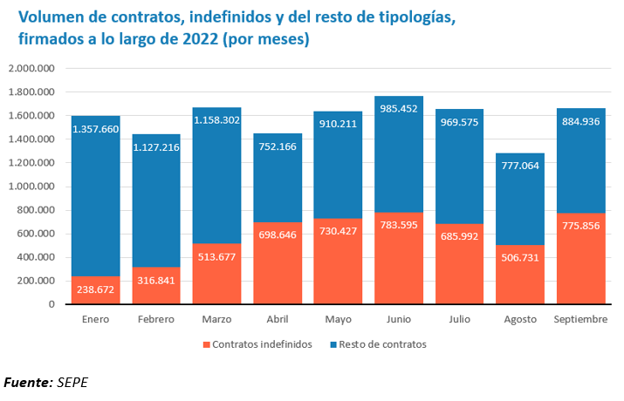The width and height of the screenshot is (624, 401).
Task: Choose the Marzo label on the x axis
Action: [x=216, y=320]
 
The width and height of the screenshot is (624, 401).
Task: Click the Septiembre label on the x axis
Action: [x=580, y=320]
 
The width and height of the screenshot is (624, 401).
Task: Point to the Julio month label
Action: [x=459, y=320]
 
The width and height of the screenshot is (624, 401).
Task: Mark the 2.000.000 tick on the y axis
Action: [x=31, y=68]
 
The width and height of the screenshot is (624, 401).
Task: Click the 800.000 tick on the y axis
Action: [x=37, y=210]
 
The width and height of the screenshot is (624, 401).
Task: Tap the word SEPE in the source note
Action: [x=72, y=382]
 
